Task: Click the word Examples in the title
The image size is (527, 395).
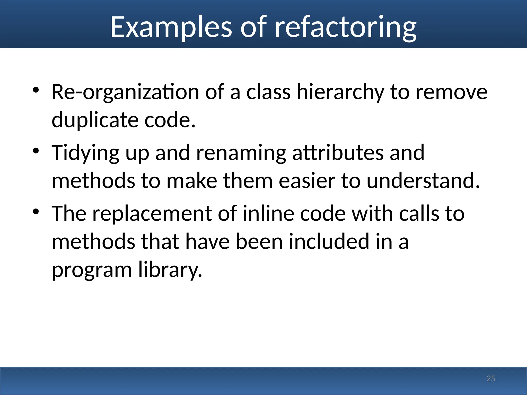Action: pyautogui.click(x=171, y=27)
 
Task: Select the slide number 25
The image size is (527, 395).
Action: pyautogui.click(x=491, y=379)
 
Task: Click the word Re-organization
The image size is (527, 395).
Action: pyautogui.click(x=125, y=92)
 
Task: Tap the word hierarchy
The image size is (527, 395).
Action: pyautogui.click(x=340, y=92)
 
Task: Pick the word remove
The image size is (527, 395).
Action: pyautogui.click(x=451, y=92)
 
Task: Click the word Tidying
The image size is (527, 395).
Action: pyautogui.click(x=85, y=153)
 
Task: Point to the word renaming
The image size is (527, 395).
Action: pyautogui.click(x=241, y=153)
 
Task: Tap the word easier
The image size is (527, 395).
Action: pyautogui.click(x=307, y=181)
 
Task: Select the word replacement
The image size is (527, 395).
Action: pyautogui.click(x=152, y=214)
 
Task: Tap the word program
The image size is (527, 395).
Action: pyautogui.click(x=92, y=270)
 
